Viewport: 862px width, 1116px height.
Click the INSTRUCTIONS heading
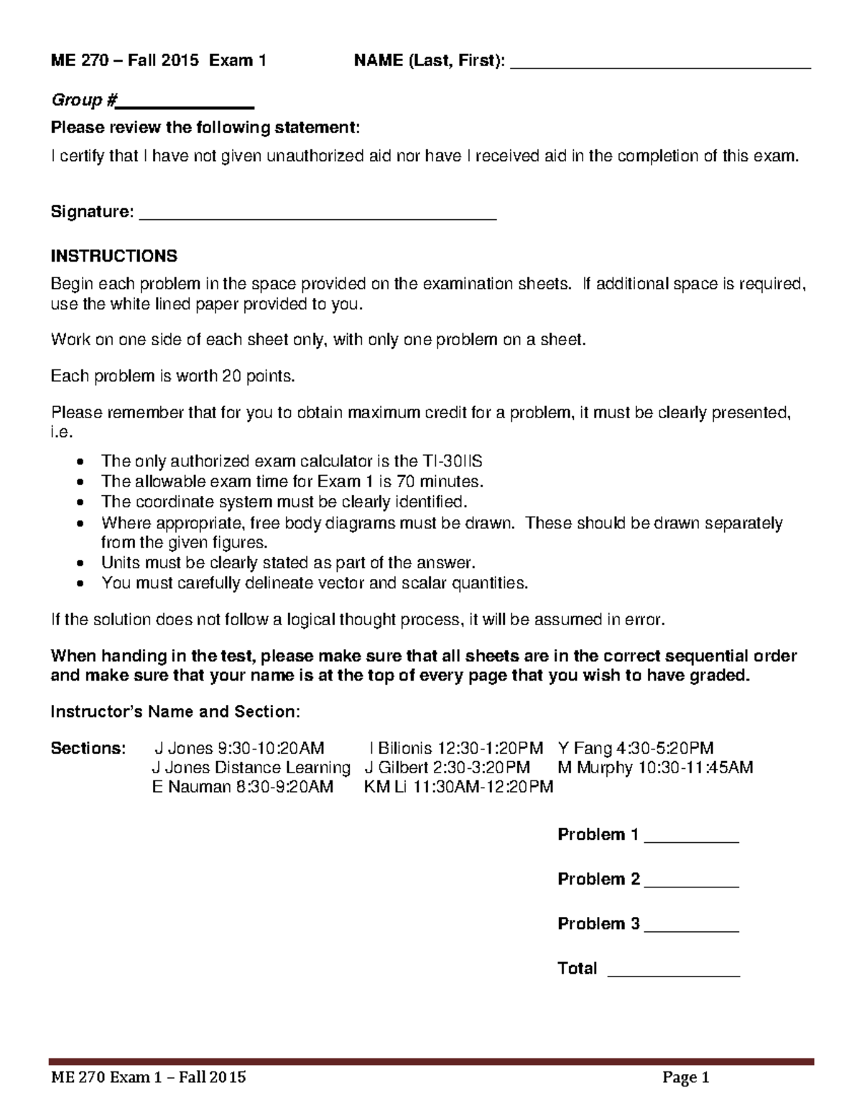tap(113, 256)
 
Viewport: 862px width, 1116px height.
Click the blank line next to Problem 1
tap(691, 839)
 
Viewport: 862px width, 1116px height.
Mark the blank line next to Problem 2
tap(691, 884)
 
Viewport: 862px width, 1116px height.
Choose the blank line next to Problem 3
tap(691, 928)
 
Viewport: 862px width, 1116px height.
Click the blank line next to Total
tap(673, 973)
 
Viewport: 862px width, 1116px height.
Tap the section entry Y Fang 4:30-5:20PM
tap(635, 748)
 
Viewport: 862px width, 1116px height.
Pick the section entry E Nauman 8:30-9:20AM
tap(243, 786)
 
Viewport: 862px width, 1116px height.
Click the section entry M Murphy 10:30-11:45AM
tap(655, 767)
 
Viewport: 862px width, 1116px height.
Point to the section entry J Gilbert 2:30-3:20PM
tap(448, 767)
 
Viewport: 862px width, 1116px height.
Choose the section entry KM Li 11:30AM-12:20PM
tap(459, 786)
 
